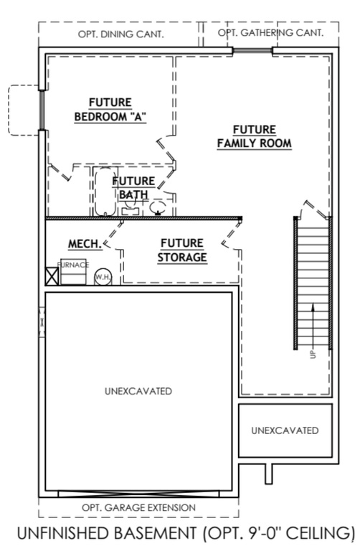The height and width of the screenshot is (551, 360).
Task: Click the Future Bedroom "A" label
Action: [110, 110]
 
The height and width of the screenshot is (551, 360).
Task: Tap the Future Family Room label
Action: [254, 136]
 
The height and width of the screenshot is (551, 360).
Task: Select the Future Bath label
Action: [133, 188]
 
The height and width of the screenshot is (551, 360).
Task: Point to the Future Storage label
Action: [181, 250]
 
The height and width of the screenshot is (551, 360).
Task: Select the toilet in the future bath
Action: [158, 207]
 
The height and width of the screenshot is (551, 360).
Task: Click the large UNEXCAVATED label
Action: [138, 391]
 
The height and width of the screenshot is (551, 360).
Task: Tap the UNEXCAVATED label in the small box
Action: [285, 430]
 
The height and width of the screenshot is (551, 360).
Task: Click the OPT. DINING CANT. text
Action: [120, 34]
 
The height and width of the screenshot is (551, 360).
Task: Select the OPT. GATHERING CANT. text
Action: [270, 33]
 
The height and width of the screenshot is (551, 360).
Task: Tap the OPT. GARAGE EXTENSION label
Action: [138, 507]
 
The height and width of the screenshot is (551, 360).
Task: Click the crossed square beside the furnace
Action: [52, 277]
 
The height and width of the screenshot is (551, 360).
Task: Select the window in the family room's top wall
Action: [252, 50]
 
